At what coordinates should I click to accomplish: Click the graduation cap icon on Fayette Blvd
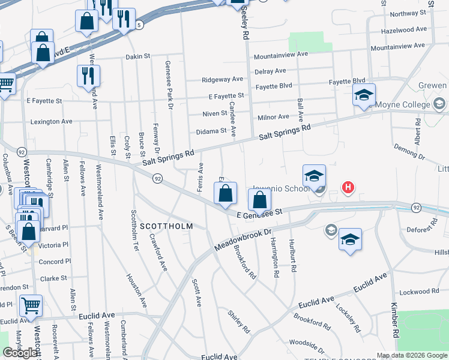pyautogui.click(x=364, y=95)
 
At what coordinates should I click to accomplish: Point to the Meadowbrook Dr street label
pyautogui.click(x=244, y=239)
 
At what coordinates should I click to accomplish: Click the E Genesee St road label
pyautogui.click(x=259, y=214)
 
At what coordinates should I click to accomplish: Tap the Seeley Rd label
pyautogui.click(x=245, y=24)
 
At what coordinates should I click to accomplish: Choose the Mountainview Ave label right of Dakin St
pyautogui.click(x=280, y=55)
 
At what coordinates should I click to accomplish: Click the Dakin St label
pyautogui.click(x=137, y=56)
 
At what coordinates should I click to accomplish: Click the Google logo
pyautogui.click(x=20, y=353)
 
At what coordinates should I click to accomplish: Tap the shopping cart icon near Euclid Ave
pyautogui.click(x=31, y=305)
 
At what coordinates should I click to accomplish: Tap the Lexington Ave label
pyautogui.click(x=50, y=121)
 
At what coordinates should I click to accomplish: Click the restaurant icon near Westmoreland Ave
pyautogui.click(x=88, y=76)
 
